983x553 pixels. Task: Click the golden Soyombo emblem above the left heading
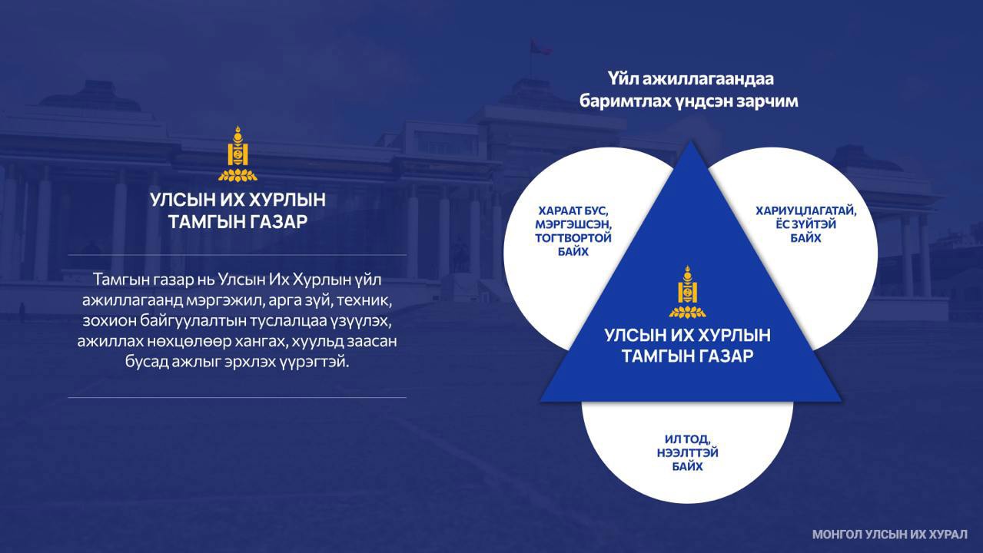click(x=237, y=154)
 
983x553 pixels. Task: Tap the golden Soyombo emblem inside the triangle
click(x=687, y=292)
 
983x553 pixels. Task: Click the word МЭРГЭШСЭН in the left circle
click(x=573, y=224)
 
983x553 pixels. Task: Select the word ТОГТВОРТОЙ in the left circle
click(x=573, y=238)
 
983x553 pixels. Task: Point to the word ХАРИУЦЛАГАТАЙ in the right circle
click(x=805, y=211)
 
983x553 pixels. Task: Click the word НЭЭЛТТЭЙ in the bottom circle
click(x=687, y=452)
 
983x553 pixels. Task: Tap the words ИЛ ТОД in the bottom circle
click(x=687, y=439)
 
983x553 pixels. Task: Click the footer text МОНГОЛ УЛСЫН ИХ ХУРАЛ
click(x=889, y=535)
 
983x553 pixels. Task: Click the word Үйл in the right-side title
click(x=623, y=79)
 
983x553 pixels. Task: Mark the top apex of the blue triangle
click(x=690, y=141)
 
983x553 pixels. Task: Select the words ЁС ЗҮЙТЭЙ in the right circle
click(x=805, y=224)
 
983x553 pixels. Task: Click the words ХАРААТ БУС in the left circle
click(x=573, y=211)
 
